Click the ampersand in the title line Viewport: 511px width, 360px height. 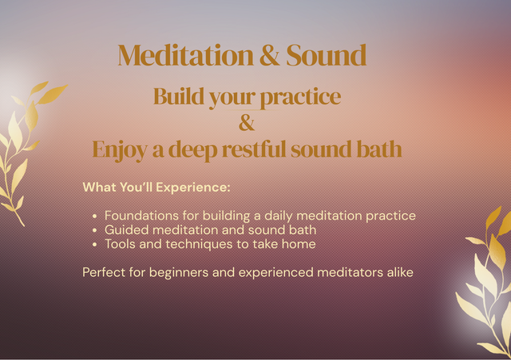pos(264,56)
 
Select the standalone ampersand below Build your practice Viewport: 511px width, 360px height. pos(247,123)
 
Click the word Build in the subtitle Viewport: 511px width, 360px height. pos(177,97)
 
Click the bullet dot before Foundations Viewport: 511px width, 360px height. pos(95,216)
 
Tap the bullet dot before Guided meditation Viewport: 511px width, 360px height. pos(95,231)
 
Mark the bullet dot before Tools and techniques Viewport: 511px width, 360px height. pos(95,244)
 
